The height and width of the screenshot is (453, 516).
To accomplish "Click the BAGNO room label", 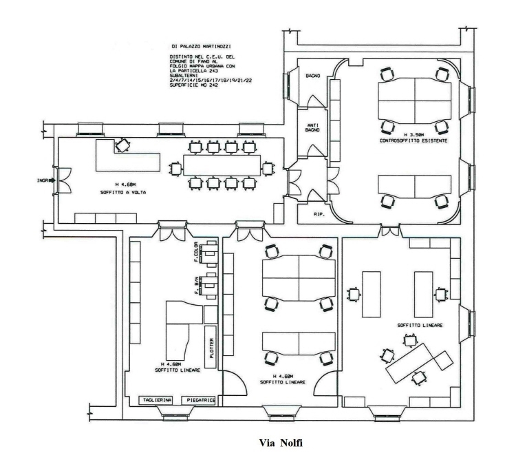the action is (312, 76).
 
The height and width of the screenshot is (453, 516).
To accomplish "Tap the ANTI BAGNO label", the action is (312, 128).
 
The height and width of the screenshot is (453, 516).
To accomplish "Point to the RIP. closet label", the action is (319, 214).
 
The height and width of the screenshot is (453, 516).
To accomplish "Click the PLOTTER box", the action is (211, 347).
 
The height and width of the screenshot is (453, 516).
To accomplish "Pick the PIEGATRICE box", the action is (199, 400).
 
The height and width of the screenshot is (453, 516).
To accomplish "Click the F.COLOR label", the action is (196, 252).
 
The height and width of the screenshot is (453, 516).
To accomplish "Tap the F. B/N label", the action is (196, 286).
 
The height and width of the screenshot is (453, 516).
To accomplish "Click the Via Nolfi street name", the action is (281, 443).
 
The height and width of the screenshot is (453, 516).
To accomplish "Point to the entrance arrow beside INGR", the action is (52, 180).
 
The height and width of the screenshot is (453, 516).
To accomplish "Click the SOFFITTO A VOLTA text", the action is (123, 192).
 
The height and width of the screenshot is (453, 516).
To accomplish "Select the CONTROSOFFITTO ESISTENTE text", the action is (413, 140).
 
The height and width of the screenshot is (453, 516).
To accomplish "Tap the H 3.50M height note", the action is (413, 135).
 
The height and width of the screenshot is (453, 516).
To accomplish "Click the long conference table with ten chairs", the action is (222, 165).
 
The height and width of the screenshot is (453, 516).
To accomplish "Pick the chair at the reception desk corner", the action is (122, 145).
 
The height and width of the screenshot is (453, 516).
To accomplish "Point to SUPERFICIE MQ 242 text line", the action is (194, 85).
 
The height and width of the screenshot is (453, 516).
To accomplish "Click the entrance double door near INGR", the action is (63, 180).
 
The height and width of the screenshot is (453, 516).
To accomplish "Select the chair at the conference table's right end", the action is (268, 169).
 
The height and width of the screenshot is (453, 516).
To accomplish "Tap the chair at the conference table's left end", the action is (176, 169).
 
